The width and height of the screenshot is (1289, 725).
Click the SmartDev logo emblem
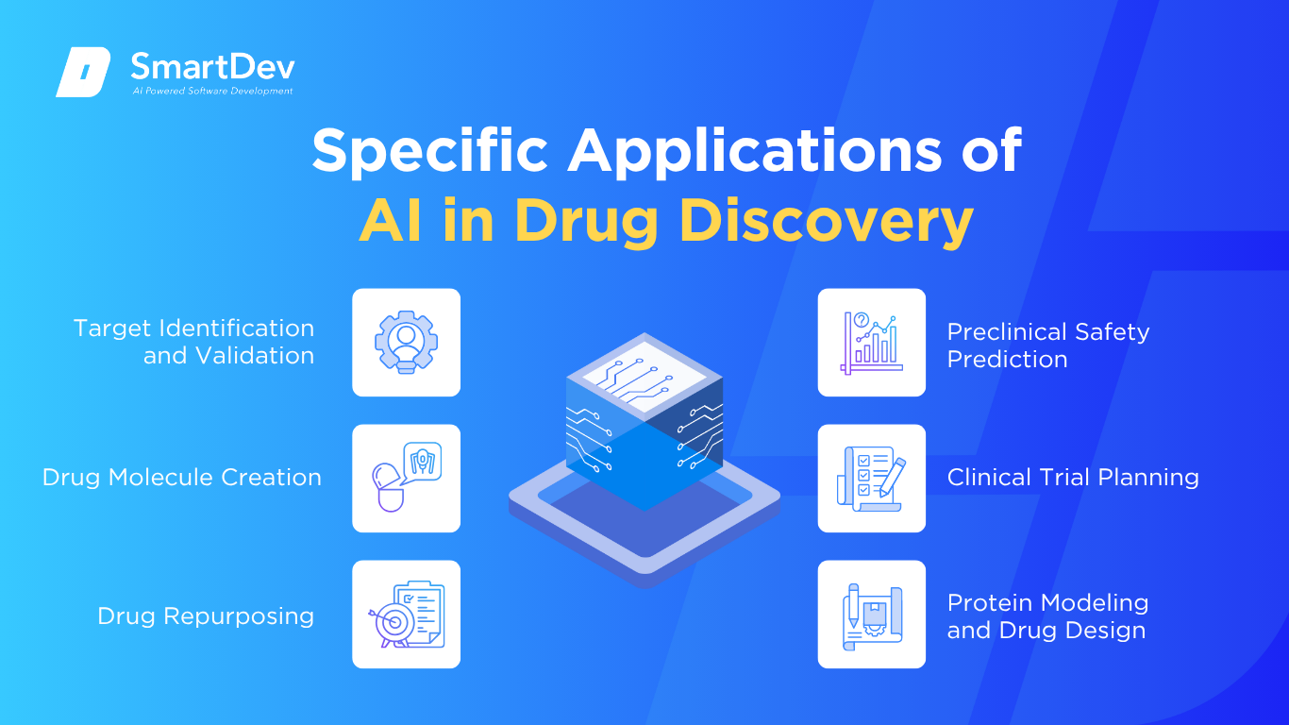pyautogui.click(x=83, y=72)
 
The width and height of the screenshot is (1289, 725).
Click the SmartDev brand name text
pyautogui.click(x=212, y=67)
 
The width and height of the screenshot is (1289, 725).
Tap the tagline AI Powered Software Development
pyautogui.click(x=212, y=91)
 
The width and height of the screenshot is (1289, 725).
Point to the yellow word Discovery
pyautogui.click(x=827, y=222)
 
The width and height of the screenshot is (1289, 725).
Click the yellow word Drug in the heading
pyautogui.click(x=586, y=222)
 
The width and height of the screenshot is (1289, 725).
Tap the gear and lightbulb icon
pyautogui.click(x=407, y=342)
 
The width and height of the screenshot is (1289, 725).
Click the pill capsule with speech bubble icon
pyautogui.click(x=407, y=478)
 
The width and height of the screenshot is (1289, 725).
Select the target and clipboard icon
pyautogui.click(x=407, y=615)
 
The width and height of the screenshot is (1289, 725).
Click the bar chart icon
pyautogui.click(x=871, y=343)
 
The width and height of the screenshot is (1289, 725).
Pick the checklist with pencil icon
pyautogui.click(x=871, y=479)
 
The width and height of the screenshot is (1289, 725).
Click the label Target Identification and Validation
pyautogui.click(x=194, y=342)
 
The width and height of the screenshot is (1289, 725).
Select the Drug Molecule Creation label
pyautogui.click(x=182, y=478)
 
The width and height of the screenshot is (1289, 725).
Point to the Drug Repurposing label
pyautogui.click(x=206, y=616)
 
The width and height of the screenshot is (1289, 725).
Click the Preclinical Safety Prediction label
pyautogui.click(x=1047, y=346)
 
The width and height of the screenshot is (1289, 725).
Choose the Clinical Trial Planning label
pyautogui.click(x=1073, y=478)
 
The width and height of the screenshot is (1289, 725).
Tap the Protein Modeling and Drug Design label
pyautogui.click(x=1047, y=616)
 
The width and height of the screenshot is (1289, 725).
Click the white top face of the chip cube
pyautogui.click(x=644, y=376)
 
